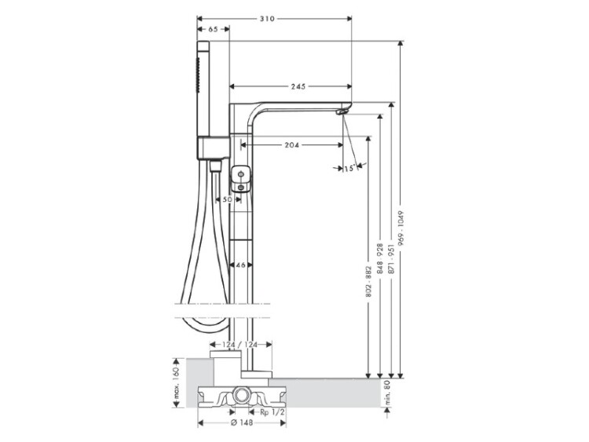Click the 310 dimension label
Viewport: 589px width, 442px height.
[267, 18]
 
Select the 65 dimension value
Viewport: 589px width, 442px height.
[213, 29]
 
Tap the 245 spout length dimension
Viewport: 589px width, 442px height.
[298, 86]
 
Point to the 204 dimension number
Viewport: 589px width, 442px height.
[291, 144]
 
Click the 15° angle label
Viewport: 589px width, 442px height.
[349, 168]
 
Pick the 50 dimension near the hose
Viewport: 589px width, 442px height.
[227, 199]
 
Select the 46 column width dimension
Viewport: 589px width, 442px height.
[240, 265]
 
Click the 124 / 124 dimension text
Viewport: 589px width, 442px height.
[241, 345]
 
